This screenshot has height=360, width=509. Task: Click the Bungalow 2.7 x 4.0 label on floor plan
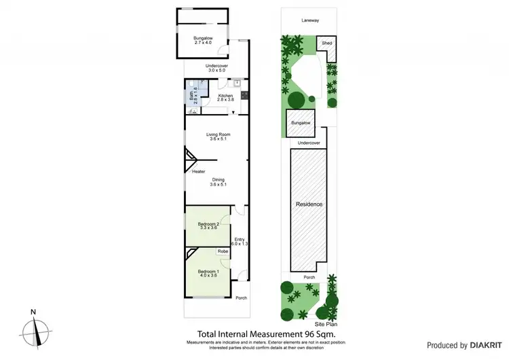202,40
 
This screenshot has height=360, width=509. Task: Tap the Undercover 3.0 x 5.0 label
217,67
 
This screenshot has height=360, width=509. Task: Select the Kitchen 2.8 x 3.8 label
225,98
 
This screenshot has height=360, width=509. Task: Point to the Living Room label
219,137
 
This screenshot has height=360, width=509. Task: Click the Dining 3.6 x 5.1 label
217,181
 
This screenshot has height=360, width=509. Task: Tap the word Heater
198,171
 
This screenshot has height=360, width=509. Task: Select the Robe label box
222,251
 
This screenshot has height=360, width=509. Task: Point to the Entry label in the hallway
239,242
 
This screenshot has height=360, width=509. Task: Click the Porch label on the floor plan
241,298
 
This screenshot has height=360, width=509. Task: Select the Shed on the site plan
327,43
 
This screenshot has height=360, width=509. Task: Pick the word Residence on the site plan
309,204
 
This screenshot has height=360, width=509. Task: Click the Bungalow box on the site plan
299,123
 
